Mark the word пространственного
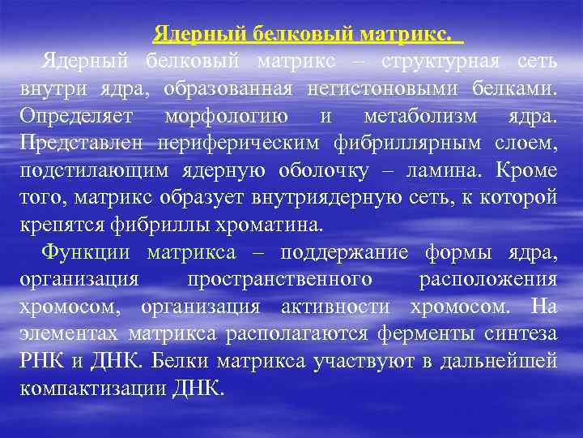pyautogui.click(x=279, y=278)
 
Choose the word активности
pyautogui.click(x=328, y=306)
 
